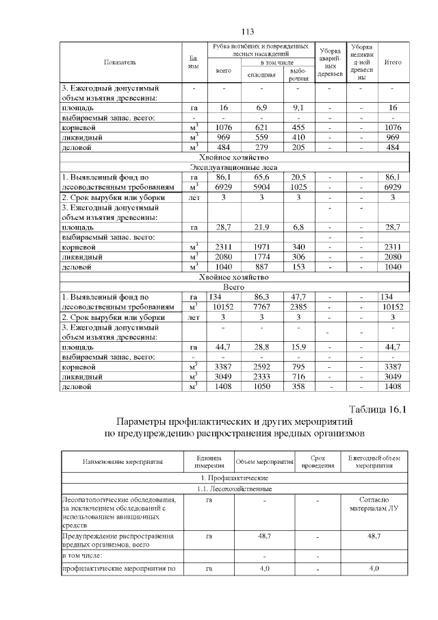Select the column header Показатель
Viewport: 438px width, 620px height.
(x=120, y=62)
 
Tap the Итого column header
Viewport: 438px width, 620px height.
(x=393, y=62)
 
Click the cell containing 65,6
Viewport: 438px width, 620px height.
(x=261, y=177)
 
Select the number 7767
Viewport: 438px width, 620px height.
(x=261, y=307)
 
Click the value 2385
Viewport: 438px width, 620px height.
(x=298, y=307)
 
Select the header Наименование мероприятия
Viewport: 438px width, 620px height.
(x=123, y=461)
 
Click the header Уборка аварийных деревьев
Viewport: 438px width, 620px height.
(x=330, y=62)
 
